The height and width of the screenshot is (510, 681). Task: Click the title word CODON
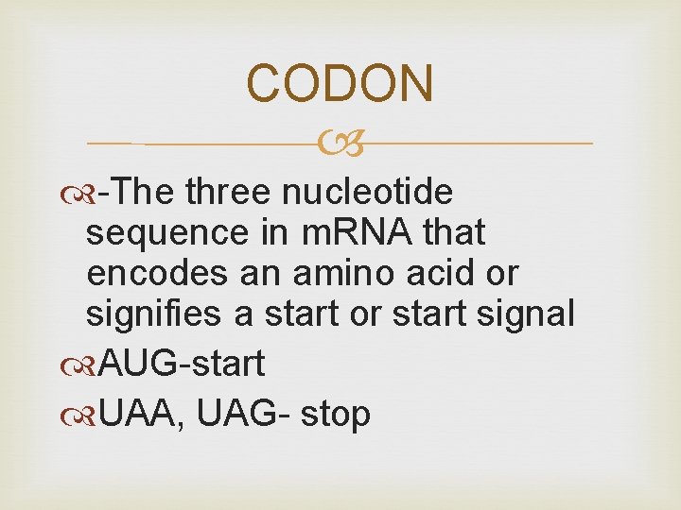(x=340, y=83)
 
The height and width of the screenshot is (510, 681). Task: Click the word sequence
(x=156, y=232)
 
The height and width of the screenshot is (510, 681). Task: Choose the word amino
(x=324, y=273)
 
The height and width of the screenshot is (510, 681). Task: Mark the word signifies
(x=153, y=314)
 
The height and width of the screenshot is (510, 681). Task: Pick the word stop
(x=336, y=415)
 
